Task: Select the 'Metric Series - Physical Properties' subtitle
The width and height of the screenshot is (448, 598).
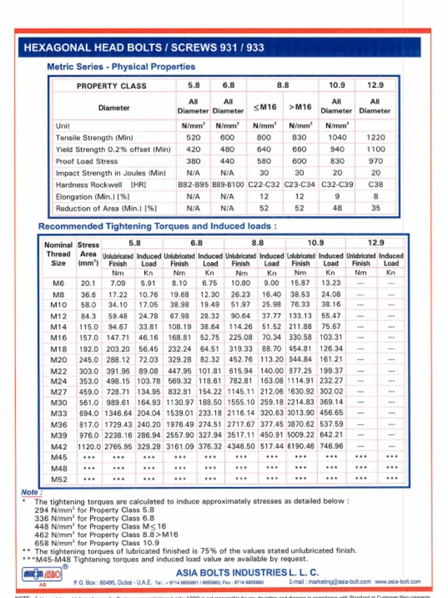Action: pyautogui.click(x=121, y=67)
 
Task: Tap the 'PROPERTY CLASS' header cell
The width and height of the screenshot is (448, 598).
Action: pyautogui.click(x=111, y=86)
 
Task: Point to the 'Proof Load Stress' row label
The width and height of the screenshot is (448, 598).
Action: pyautogui.click(x=86, y=161)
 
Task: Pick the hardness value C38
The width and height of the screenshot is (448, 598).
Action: pyautogui.click(x=375, y=185)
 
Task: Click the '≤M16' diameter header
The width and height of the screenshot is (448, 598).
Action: pyautogui.click(x=264, y=107)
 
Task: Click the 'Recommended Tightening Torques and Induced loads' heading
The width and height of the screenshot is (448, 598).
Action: pyautogui.click(x=157, y=226)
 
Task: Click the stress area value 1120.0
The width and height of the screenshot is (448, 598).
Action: pyautogui.click(x=88, y=446)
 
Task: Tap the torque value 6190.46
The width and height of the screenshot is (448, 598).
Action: pyautogui.click(x=300, y=446)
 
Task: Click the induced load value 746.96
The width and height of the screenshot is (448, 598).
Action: pyautogui.click(x=331, y=446)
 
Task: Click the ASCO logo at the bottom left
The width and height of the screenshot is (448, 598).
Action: pyautogui.click(x=44, y=574)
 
